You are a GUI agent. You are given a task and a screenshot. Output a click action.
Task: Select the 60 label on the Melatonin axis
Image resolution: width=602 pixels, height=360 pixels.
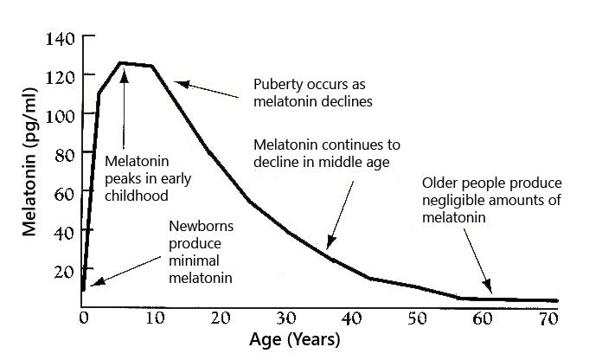[63, 192]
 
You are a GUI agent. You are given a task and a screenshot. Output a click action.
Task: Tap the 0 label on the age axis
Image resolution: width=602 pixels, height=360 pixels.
[83, 318]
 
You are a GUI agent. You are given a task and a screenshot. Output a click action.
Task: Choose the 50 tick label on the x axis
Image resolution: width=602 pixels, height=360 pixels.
[417, 318]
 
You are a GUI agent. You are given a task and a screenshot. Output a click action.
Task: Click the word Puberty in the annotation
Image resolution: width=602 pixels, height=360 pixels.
[279, 85]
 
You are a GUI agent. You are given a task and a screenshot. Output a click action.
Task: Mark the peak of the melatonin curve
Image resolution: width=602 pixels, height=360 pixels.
[121, 62]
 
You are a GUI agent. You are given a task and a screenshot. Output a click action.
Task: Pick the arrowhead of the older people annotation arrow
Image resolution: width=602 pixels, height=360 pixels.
[490, 288]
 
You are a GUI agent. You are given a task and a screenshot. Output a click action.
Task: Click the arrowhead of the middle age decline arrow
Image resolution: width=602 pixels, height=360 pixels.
[329, 245]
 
